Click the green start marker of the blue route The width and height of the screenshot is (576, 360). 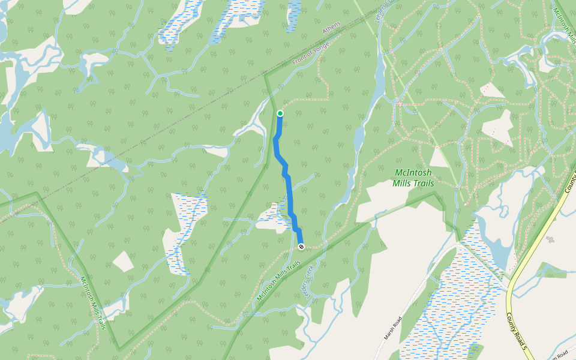coord(280,113)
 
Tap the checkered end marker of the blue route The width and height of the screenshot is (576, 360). coord(301,246)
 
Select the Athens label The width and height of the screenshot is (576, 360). coord(331,28)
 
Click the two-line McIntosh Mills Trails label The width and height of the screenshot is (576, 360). coord(413,178)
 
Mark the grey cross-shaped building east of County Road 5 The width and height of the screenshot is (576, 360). coord(551,239)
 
